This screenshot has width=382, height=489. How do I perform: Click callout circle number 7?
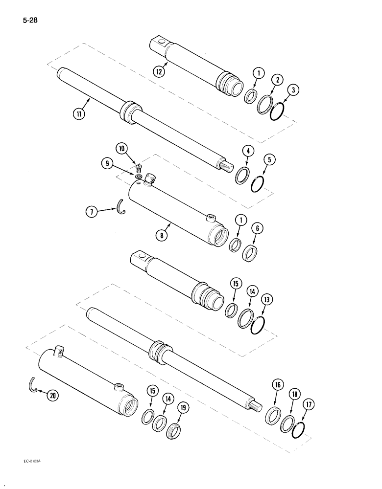pyautogui.click(x=92, y=212)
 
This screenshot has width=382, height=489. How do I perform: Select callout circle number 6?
pyautogui.click(x=257, y=228)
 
